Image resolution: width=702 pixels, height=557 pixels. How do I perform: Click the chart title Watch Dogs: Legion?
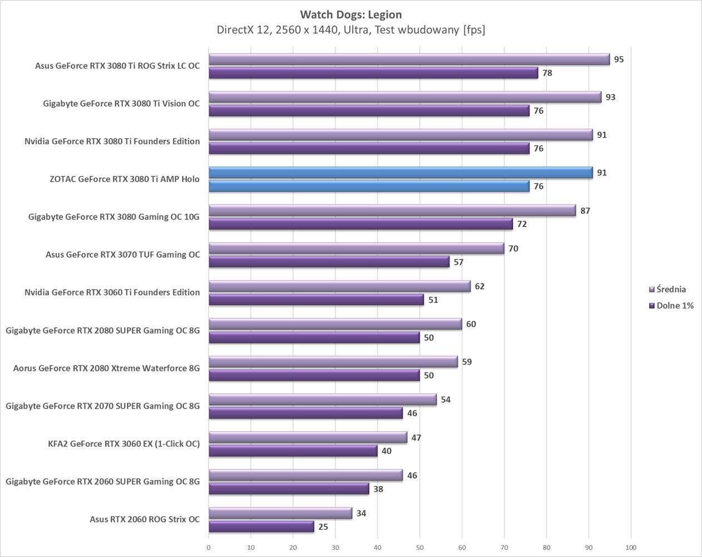click(x=350, y=14)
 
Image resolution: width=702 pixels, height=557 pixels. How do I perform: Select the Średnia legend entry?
click(x=670, y=290)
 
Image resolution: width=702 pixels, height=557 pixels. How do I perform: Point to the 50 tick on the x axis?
click(x=420, y=548)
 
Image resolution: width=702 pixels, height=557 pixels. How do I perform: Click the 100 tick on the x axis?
click(x=631, y=548)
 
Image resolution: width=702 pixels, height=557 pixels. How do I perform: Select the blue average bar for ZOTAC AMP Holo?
click(x=401, y=173)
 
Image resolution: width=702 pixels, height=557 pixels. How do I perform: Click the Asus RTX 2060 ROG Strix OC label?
click(x=144, y=519)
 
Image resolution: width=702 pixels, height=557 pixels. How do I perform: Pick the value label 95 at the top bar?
click(x=619, y=59)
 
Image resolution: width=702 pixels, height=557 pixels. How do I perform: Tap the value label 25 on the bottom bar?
click(x=323, y=527)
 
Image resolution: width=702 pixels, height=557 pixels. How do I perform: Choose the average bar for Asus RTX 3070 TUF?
click(x=356, y=248)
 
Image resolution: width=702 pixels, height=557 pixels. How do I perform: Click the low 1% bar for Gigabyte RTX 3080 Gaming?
click(x=360, y=224)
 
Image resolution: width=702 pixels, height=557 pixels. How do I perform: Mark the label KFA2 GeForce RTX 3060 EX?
click(x=123, y=444)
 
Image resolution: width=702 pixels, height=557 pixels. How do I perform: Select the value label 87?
click(x=585, y=211)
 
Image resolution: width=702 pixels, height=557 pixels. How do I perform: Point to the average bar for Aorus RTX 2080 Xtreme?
click(x=333, y=362)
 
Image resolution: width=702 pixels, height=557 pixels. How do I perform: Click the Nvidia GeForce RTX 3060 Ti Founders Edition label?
click(x=112, y=292)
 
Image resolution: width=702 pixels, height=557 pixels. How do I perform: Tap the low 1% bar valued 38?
click(x=289, y=489)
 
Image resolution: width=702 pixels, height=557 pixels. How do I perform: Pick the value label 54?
click(x=446, y=400)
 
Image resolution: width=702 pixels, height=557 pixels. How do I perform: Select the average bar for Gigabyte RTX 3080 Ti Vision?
click(x=405, y=97)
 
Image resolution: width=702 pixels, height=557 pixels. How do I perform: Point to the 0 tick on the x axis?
click(x=209, y=548)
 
